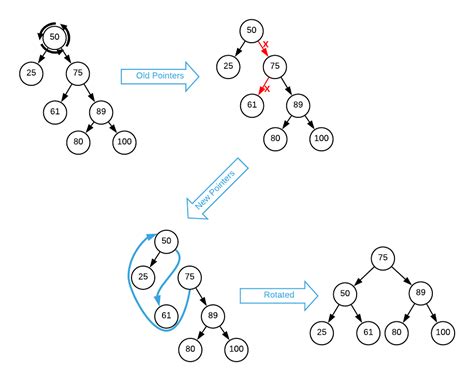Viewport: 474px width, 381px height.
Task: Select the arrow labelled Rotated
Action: (x=278, y=294)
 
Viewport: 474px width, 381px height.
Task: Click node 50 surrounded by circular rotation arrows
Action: (x=55, y=37)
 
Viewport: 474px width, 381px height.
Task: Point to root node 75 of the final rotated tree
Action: (x=381, y=257)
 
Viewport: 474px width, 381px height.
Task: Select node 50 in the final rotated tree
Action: (x=346, y=294)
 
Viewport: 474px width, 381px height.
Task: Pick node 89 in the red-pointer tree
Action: (x=297, y=103)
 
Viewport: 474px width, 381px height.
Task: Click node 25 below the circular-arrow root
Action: (x=30, y=72)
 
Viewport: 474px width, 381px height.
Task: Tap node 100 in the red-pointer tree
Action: (x=320, y=139)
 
